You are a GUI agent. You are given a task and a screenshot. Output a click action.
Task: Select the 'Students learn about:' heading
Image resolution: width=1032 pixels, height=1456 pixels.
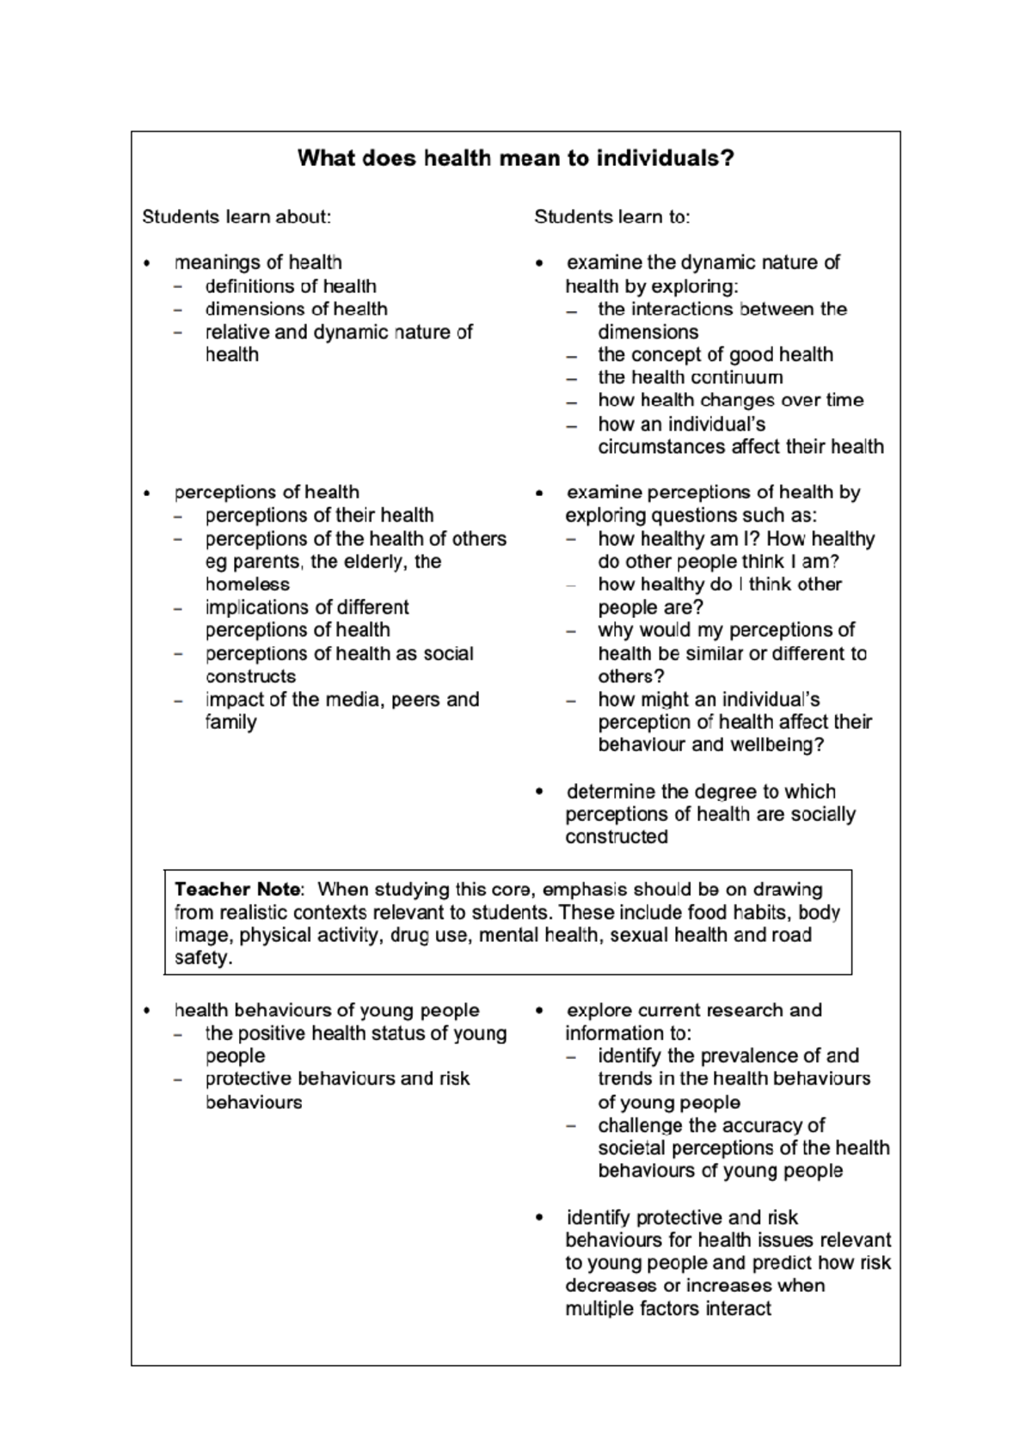[x=236, y=217]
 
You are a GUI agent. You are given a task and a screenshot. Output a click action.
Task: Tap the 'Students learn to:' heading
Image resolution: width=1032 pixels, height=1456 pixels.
[x=611, y=217]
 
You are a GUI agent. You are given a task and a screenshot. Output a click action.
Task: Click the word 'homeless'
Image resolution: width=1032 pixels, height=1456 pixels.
[x=248, y=584]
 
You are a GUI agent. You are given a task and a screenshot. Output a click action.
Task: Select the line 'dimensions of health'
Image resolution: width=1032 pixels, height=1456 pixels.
[x=296, y=309]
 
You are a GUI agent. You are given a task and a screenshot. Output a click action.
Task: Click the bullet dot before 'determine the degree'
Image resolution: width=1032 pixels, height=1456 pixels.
[x=539, y=791]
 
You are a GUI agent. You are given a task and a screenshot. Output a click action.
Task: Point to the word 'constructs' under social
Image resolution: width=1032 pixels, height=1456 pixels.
[x=250, y=676]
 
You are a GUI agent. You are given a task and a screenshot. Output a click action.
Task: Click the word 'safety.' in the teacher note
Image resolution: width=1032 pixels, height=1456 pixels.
[x=204, y=958]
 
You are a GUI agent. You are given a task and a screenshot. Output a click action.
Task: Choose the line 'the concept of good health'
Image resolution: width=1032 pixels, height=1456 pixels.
[x=716, y=355]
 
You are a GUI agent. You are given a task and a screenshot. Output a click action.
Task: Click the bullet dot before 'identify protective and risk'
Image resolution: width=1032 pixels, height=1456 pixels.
[x=539, y=1217]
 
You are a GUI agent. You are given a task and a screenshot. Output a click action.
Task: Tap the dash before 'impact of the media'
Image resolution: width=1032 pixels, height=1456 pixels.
[x=178, y=700]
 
